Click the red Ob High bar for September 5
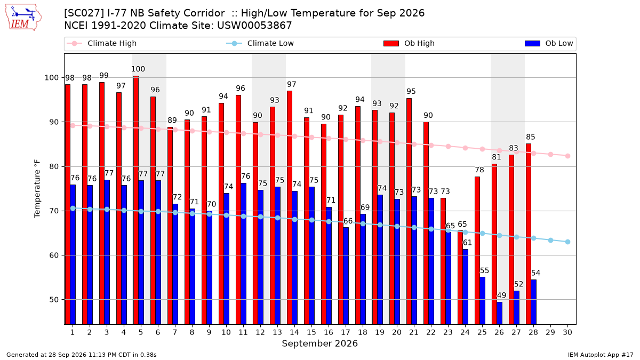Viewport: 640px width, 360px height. pos(136,200)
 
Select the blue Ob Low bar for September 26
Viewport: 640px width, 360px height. pos(499,313)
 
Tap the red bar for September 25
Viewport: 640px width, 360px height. pos(477,251)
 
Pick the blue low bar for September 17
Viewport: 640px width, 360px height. pos(346,276)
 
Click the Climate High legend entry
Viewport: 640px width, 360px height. pos(102,43)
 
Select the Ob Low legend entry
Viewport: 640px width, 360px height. pos(549,43)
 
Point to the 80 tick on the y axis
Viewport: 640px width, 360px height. pos(54,166)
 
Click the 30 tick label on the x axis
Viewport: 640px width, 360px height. pos(567,332)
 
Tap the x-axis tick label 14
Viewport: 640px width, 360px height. pos(294,332)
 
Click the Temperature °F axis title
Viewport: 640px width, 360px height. pos(37,189)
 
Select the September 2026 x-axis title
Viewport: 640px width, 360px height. pos(319,343)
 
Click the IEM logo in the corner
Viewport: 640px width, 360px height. pos(23,18)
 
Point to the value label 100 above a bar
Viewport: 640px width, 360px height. pos(138,69)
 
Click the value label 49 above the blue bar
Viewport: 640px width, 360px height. pos(501,295)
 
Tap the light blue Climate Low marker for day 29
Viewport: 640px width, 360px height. pos(550,241)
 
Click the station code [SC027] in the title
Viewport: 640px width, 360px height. pos(84,13)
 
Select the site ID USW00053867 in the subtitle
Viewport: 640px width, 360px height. pos(254,26)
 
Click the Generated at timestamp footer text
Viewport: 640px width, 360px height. pos(82,355)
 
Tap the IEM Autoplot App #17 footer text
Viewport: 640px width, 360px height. pos(601,355)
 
